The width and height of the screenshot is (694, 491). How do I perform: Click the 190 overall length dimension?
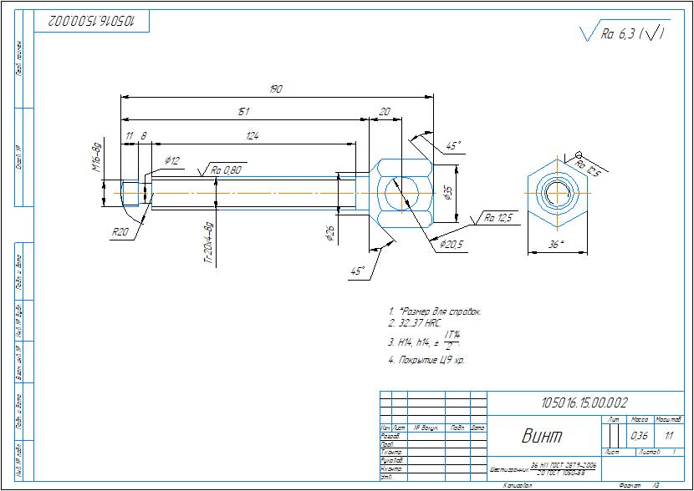coord(275,89)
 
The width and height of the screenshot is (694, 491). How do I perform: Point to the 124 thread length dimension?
coord(252,135)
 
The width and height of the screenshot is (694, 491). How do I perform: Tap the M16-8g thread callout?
coord(95,156)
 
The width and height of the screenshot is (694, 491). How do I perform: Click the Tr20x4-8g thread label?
coord(208,243)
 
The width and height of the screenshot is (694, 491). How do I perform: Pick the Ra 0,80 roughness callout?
coord(226,170)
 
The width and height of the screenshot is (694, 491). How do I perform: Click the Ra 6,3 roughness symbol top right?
coord(622,34)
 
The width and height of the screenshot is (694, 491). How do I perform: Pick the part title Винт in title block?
coord(542,435)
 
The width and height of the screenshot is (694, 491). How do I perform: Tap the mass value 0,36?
coord(639,436)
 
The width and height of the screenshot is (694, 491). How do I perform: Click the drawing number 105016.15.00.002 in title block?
coord(585,402)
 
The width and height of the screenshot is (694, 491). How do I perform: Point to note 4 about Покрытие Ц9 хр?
coord(426,360)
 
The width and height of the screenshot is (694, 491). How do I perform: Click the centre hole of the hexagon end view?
coord(556,194)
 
